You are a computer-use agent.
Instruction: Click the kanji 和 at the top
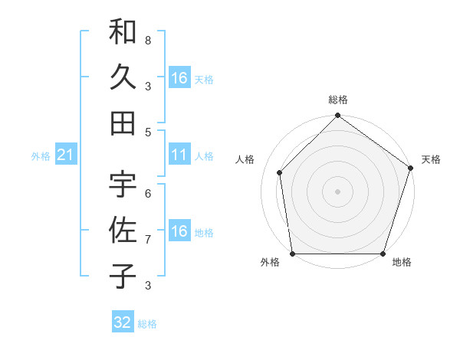tap(123, 32)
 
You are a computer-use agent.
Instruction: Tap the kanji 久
tap(123, 77)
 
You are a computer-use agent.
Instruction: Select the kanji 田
tap(123, 122)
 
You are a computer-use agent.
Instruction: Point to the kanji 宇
tap(123, 185)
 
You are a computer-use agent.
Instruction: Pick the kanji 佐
tap(123, 230)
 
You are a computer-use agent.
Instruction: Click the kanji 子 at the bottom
tap(123, 276)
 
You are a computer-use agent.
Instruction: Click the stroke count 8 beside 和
tap(148, 40)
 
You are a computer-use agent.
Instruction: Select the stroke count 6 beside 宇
tap(148, 194)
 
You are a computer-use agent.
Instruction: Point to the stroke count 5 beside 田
tap(148, 132)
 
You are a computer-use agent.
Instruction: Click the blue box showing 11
tap(179, 155)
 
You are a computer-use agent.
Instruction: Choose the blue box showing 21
tap(65, 155)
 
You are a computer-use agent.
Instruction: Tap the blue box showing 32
tap(123, 322)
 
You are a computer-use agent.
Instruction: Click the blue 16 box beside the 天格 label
tap(179, 78)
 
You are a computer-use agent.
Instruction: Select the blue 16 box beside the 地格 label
tap(179, 232)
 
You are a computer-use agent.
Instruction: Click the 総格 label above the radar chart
tap(337, 100)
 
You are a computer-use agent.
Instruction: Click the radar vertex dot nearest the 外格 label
tap(292, 254)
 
